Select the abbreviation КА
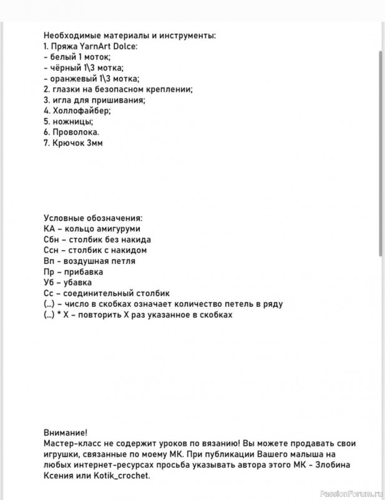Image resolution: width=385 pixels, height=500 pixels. (x=50, y=229)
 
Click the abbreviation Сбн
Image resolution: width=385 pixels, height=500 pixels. (x=52, y=239)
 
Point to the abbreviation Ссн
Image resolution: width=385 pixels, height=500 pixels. (x=52, y=250)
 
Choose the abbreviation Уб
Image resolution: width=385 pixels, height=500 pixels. (x=50, y=282)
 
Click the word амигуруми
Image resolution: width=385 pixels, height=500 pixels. (x=119, y=229)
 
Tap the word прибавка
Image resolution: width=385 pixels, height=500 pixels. (x=82, y=272)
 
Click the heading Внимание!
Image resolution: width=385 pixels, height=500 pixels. (x=66, y=432)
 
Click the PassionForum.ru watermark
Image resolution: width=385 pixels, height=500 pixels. (x=349, y=493)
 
